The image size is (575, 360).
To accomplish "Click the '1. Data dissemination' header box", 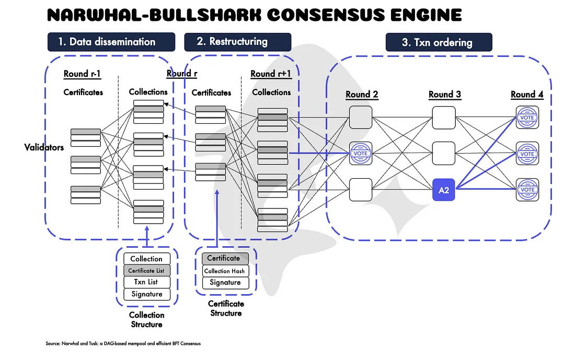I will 111,42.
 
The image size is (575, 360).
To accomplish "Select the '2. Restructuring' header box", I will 238,42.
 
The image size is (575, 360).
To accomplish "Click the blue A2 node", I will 444,190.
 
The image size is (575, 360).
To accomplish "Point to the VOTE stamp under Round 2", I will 361,154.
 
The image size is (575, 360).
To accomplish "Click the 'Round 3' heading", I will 445,95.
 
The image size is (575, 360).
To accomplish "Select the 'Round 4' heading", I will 527,95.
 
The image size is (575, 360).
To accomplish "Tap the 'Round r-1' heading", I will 82,74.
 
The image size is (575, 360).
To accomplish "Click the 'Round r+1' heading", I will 270,74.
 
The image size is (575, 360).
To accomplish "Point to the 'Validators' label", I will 44,147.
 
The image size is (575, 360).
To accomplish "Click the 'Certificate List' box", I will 146,271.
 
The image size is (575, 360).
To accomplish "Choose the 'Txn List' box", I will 146,282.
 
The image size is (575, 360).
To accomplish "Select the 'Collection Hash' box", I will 225,271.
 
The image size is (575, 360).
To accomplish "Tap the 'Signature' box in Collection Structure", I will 146,294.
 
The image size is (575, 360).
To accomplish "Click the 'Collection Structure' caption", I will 146,320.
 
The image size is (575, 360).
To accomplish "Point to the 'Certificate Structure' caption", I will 226,308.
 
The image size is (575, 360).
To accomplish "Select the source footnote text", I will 123,344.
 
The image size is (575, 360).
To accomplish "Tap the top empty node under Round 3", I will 444,118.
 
